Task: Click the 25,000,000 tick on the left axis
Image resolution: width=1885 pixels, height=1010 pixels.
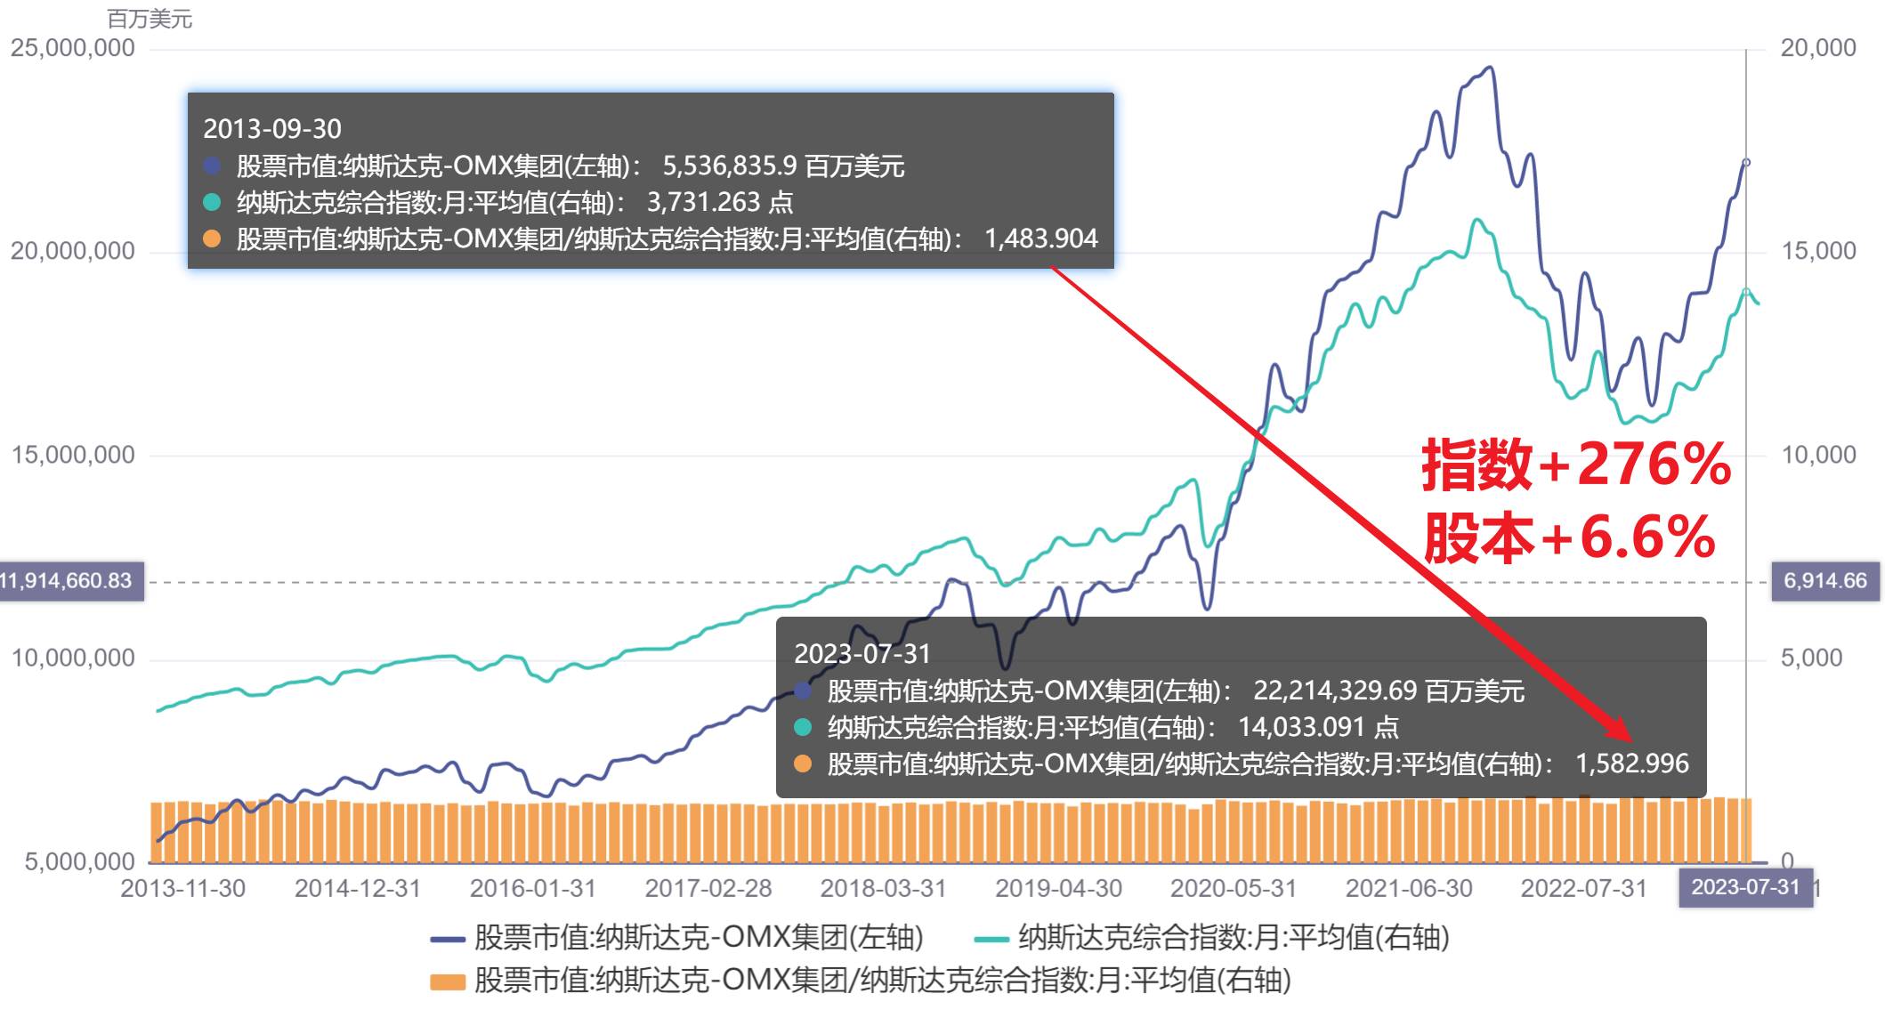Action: [x=73, y=48]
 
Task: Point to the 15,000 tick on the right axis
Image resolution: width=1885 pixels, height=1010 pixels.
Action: [x=1817, y=251]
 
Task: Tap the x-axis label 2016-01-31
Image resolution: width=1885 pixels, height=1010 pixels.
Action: [x=532, y=888]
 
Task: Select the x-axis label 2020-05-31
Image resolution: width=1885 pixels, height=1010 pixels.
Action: [x=1233, y=888]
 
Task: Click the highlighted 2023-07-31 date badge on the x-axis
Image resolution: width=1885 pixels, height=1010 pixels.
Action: [x=1744, y=887]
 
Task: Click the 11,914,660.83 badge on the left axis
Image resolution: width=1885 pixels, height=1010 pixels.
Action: [x=68, y=581]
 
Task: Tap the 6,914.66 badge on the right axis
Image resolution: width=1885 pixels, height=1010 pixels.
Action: [x=1824, y=581]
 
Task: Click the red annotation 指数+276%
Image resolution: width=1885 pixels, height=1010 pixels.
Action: [x=1576, y=464]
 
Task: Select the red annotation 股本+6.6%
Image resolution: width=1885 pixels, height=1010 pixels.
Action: [x=1569, y=537]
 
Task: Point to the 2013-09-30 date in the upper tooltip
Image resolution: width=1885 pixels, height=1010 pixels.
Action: [x=272, y=129]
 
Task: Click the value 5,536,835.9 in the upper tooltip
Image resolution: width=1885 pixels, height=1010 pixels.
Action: [x=730, y=166]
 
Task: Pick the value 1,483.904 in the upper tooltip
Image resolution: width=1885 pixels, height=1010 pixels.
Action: [x=1040, y=238]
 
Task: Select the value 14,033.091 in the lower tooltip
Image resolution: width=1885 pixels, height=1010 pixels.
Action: [x=1301, y=727]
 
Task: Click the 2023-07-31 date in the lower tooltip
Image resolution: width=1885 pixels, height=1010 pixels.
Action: [x=862, y=654]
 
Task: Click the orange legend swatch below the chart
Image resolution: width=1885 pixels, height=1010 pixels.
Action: [x=447, y=982]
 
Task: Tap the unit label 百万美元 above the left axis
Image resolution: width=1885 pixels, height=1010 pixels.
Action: [x=150, y=19]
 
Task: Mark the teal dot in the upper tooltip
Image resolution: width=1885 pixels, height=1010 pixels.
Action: [x=212, y=202]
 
